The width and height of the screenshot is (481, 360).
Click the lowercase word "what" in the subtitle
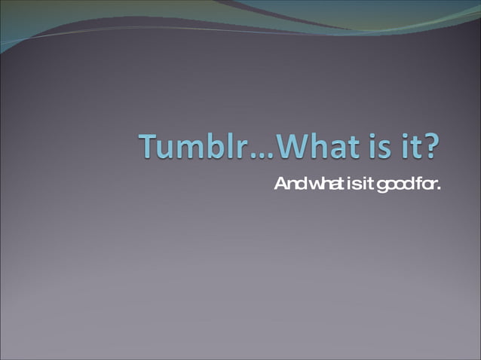pyautogui.click(x=322, y=184)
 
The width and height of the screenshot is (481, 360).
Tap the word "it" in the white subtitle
pyautogui.click(x=365, y=184)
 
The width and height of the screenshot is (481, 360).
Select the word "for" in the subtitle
pyautogui.click(x=423, y=184)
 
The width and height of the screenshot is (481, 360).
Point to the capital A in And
pyautogui.click(x=279, y=184)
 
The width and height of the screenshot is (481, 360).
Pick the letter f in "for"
pyautogui.click(x=415, y=184)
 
